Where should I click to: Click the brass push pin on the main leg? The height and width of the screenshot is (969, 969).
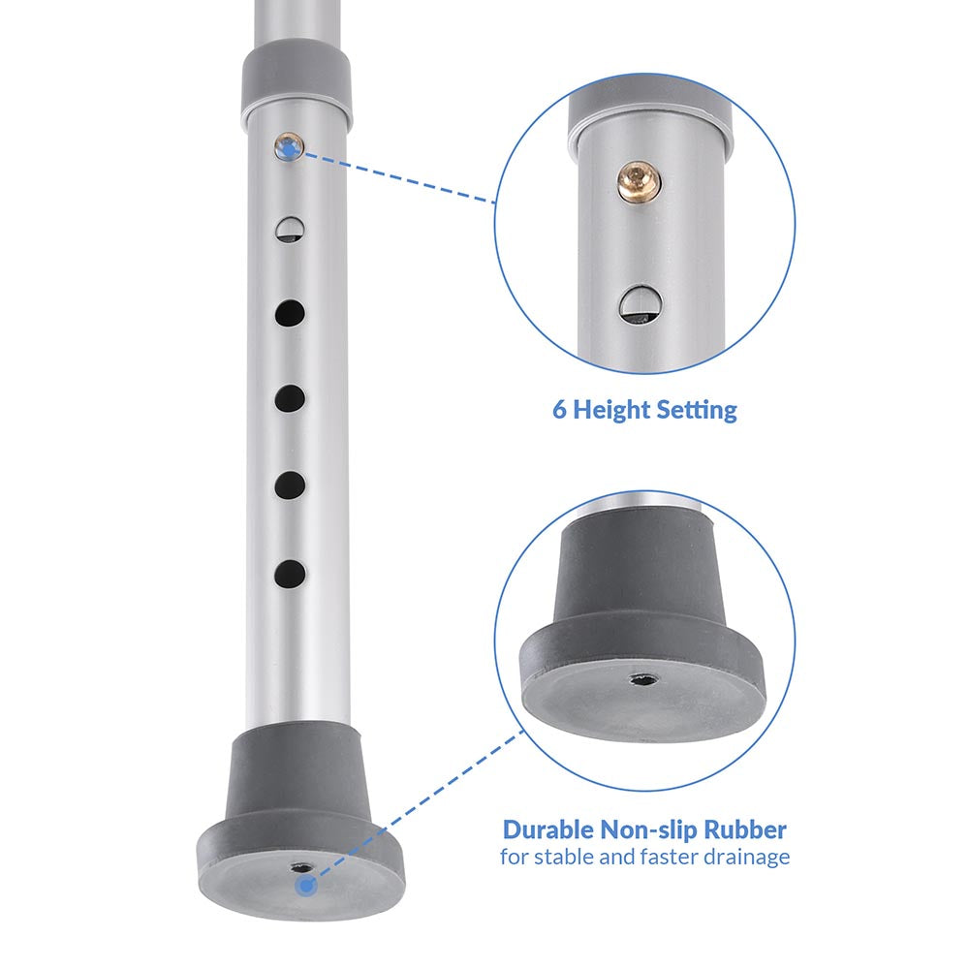289,147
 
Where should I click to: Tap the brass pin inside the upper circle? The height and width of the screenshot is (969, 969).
639,182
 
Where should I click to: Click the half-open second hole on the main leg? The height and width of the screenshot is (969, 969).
290,230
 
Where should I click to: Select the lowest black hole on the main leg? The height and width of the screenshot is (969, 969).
290,574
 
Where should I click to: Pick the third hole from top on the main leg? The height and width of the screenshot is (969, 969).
290,313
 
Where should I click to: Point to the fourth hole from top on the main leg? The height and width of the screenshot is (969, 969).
290,398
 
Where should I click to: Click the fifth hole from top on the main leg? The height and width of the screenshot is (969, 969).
290,485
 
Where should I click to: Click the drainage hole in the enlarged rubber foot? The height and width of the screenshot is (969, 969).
643,680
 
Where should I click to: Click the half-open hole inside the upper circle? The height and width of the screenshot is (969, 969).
641,304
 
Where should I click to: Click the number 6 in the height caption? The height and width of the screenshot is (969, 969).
559,409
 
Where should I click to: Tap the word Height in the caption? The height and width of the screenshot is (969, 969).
611,410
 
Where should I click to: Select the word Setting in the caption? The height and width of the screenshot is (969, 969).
697,410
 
